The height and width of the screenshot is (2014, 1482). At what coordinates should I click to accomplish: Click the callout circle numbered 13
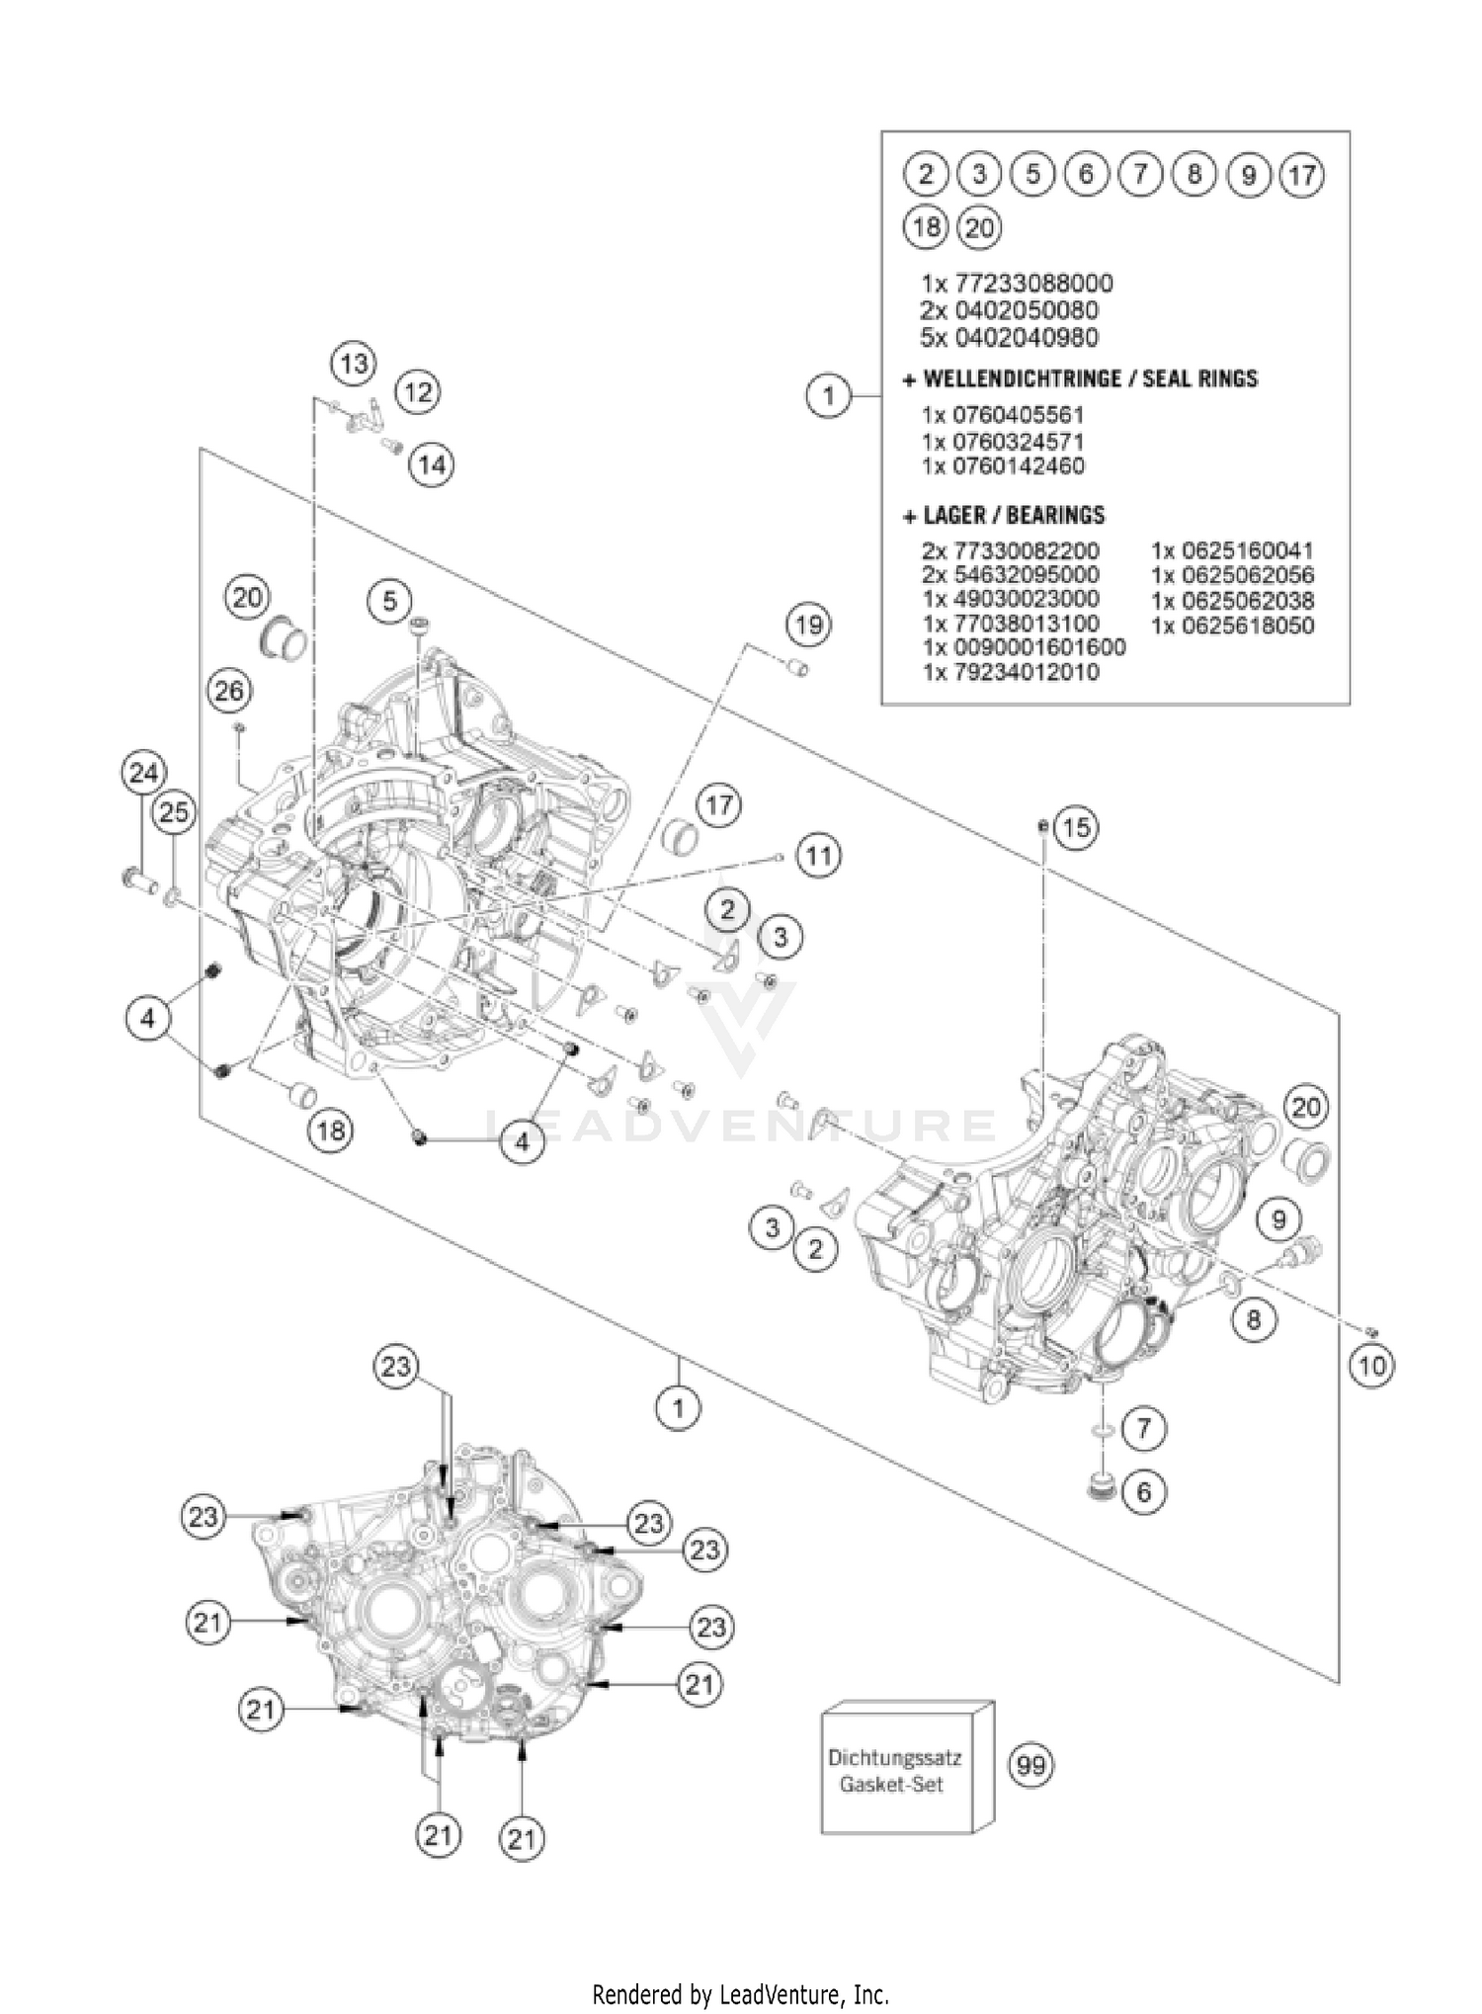(354, 364)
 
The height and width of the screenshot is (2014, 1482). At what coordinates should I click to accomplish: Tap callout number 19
(808, 625)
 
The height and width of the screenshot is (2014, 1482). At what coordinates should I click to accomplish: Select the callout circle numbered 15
(1076, 827)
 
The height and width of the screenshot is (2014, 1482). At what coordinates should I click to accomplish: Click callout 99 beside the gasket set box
(1030, 1765)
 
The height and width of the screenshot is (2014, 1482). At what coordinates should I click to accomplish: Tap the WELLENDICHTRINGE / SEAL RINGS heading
(1080, 378)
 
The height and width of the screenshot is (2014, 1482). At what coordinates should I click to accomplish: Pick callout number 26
(229, 691)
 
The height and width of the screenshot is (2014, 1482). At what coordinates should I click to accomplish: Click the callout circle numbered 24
(143, 773)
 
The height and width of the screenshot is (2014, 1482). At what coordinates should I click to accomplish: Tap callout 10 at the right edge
(1372, 1366)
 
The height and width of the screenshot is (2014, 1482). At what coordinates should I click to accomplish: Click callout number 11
(817, 855)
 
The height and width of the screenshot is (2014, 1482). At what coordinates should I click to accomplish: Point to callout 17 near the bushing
(718, 805)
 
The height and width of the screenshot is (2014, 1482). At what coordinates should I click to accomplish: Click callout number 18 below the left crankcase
(330, 1130)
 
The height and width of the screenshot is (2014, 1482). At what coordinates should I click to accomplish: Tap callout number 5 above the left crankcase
(390, 600)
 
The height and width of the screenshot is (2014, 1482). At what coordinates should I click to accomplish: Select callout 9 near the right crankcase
(1278, 1219)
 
